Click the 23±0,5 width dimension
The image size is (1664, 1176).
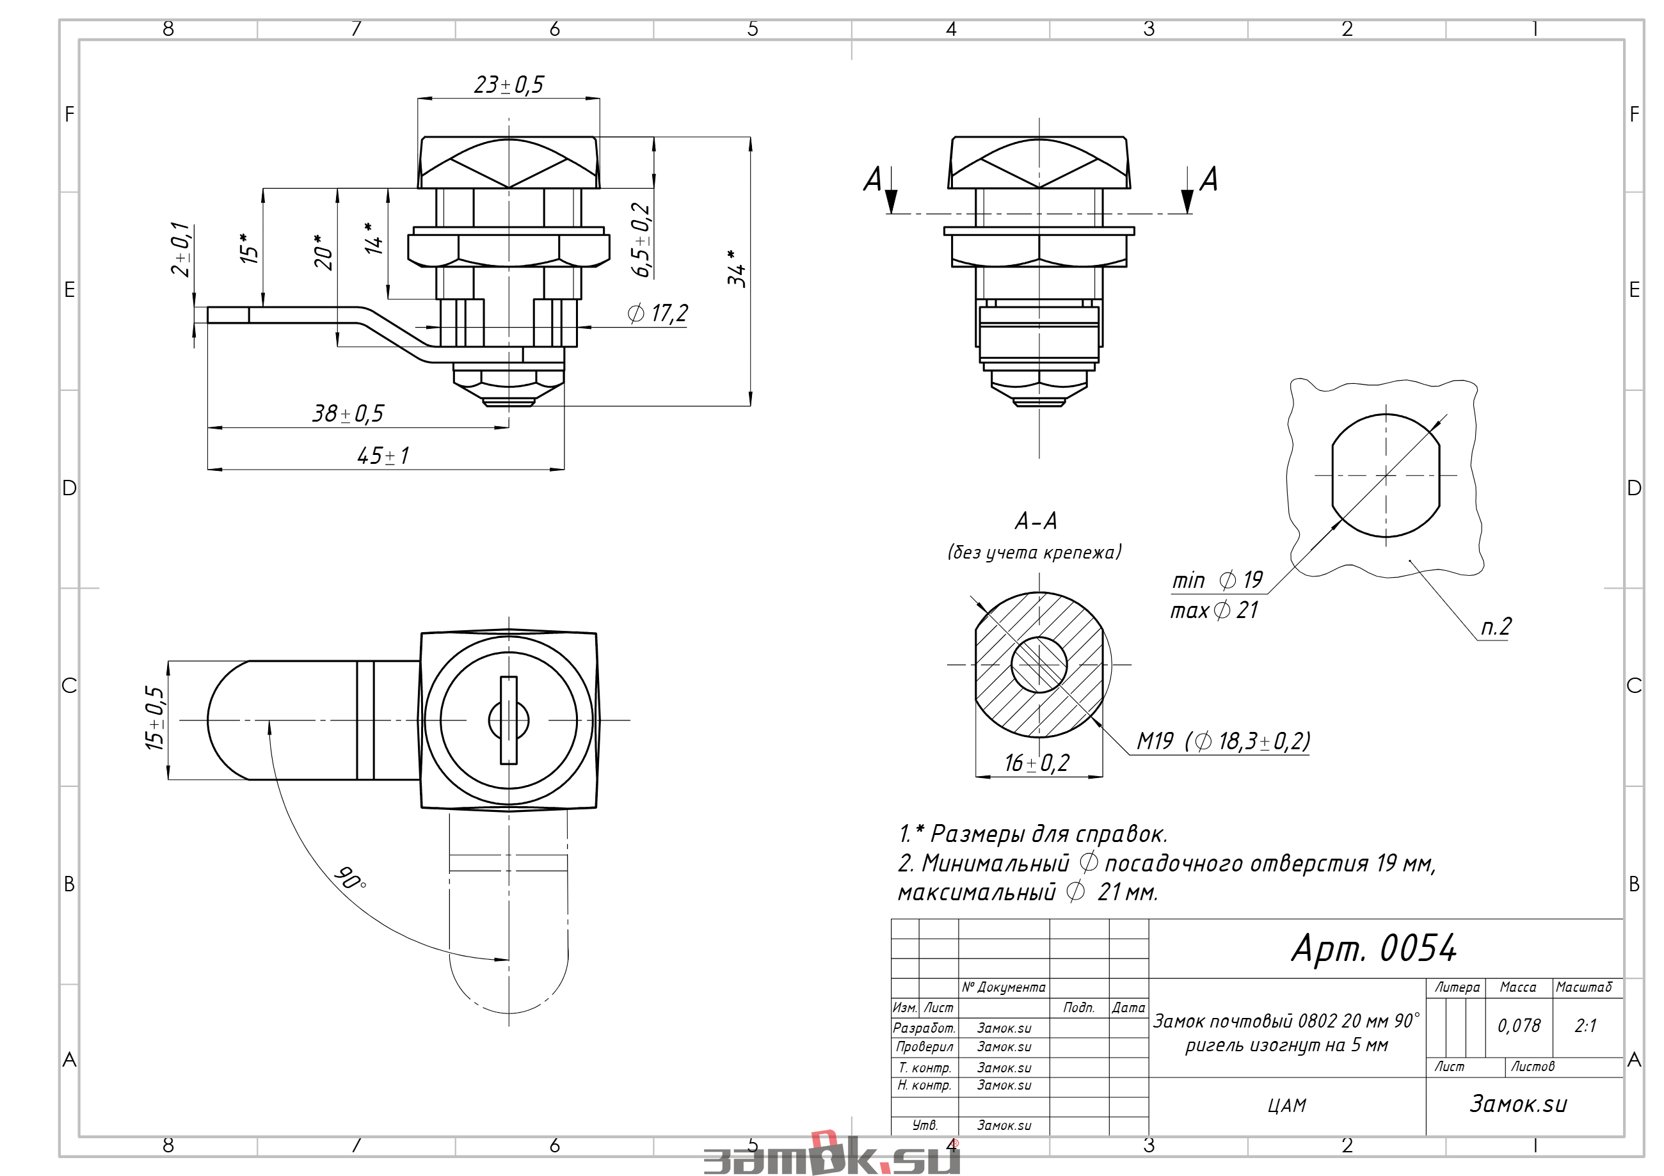[x=508, y=84]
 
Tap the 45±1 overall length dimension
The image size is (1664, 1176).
[x=383, y=456]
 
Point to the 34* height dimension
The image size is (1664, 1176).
[x=737, y=268]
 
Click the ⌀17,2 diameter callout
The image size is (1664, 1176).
[x=657, y=314]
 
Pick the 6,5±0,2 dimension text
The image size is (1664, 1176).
[x=641, y=239]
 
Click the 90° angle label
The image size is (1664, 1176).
[x=351, y=878]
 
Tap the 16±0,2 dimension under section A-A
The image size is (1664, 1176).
[x=1036, y=763]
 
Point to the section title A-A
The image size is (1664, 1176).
[x=1036, y=521]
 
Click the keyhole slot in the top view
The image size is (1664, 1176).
[x=509, y=720]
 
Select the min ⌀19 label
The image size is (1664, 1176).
[x=1217, y=580]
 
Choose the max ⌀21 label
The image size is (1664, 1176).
[x=1215, y=610]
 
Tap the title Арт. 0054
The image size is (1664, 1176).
[x=1374, y=948]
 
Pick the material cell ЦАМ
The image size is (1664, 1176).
[x=1287, y=1106]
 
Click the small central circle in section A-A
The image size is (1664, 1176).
[x=1039, y=664]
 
